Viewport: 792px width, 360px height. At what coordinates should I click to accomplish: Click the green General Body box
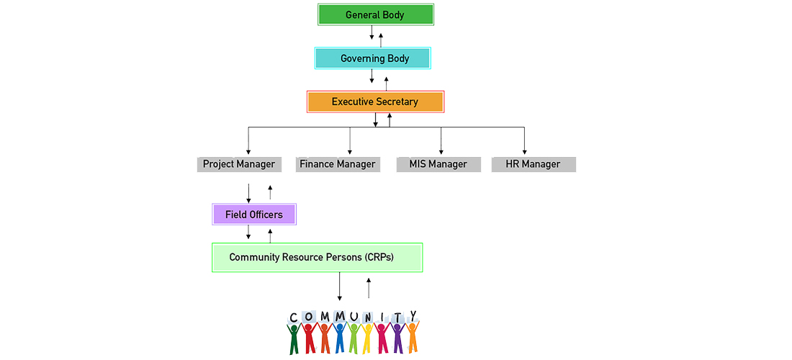click(376, 15)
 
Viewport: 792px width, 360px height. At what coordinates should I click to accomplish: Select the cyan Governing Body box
click(373, 58)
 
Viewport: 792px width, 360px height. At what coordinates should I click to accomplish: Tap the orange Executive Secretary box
click(375, 102)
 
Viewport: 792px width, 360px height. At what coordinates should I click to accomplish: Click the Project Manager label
click(238, 164)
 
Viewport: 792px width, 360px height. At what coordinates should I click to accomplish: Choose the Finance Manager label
click(338, 164)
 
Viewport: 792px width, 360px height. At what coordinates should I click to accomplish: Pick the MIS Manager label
click(438, 164)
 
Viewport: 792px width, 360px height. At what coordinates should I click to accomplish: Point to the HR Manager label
click(533, 164)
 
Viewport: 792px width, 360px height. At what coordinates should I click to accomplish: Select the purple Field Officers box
click(253, 215)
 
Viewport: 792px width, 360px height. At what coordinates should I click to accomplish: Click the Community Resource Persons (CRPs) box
click(317, 257)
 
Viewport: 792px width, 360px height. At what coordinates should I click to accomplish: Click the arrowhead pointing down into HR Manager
click(524, 151)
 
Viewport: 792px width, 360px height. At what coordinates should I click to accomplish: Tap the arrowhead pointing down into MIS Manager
click(441, 151)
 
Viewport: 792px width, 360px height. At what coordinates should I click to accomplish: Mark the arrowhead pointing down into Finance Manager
click(350, 151)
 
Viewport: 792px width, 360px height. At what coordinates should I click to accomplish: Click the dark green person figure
click(294, 338)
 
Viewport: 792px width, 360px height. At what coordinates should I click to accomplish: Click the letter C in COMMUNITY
click(294, 318)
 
